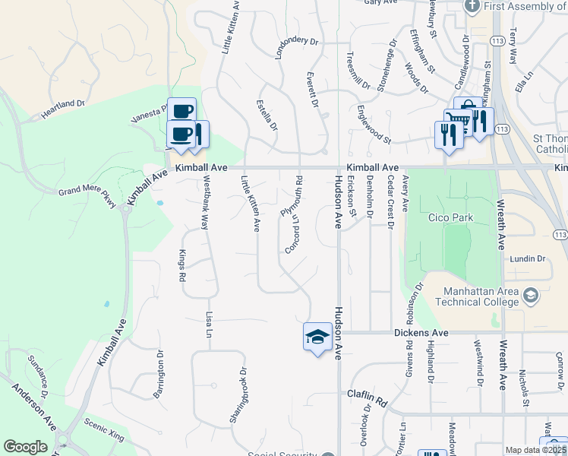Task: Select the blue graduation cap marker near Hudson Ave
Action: pos(317,337)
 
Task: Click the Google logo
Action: pos(25,447)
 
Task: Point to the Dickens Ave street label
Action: pos(421,333)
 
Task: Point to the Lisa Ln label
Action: pos(210,323)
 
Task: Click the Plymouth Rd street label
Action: pos(294,197)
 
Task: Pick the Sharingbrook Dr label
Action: pos(238,396)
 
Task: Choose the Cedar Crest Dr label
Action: pos(390,201)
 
